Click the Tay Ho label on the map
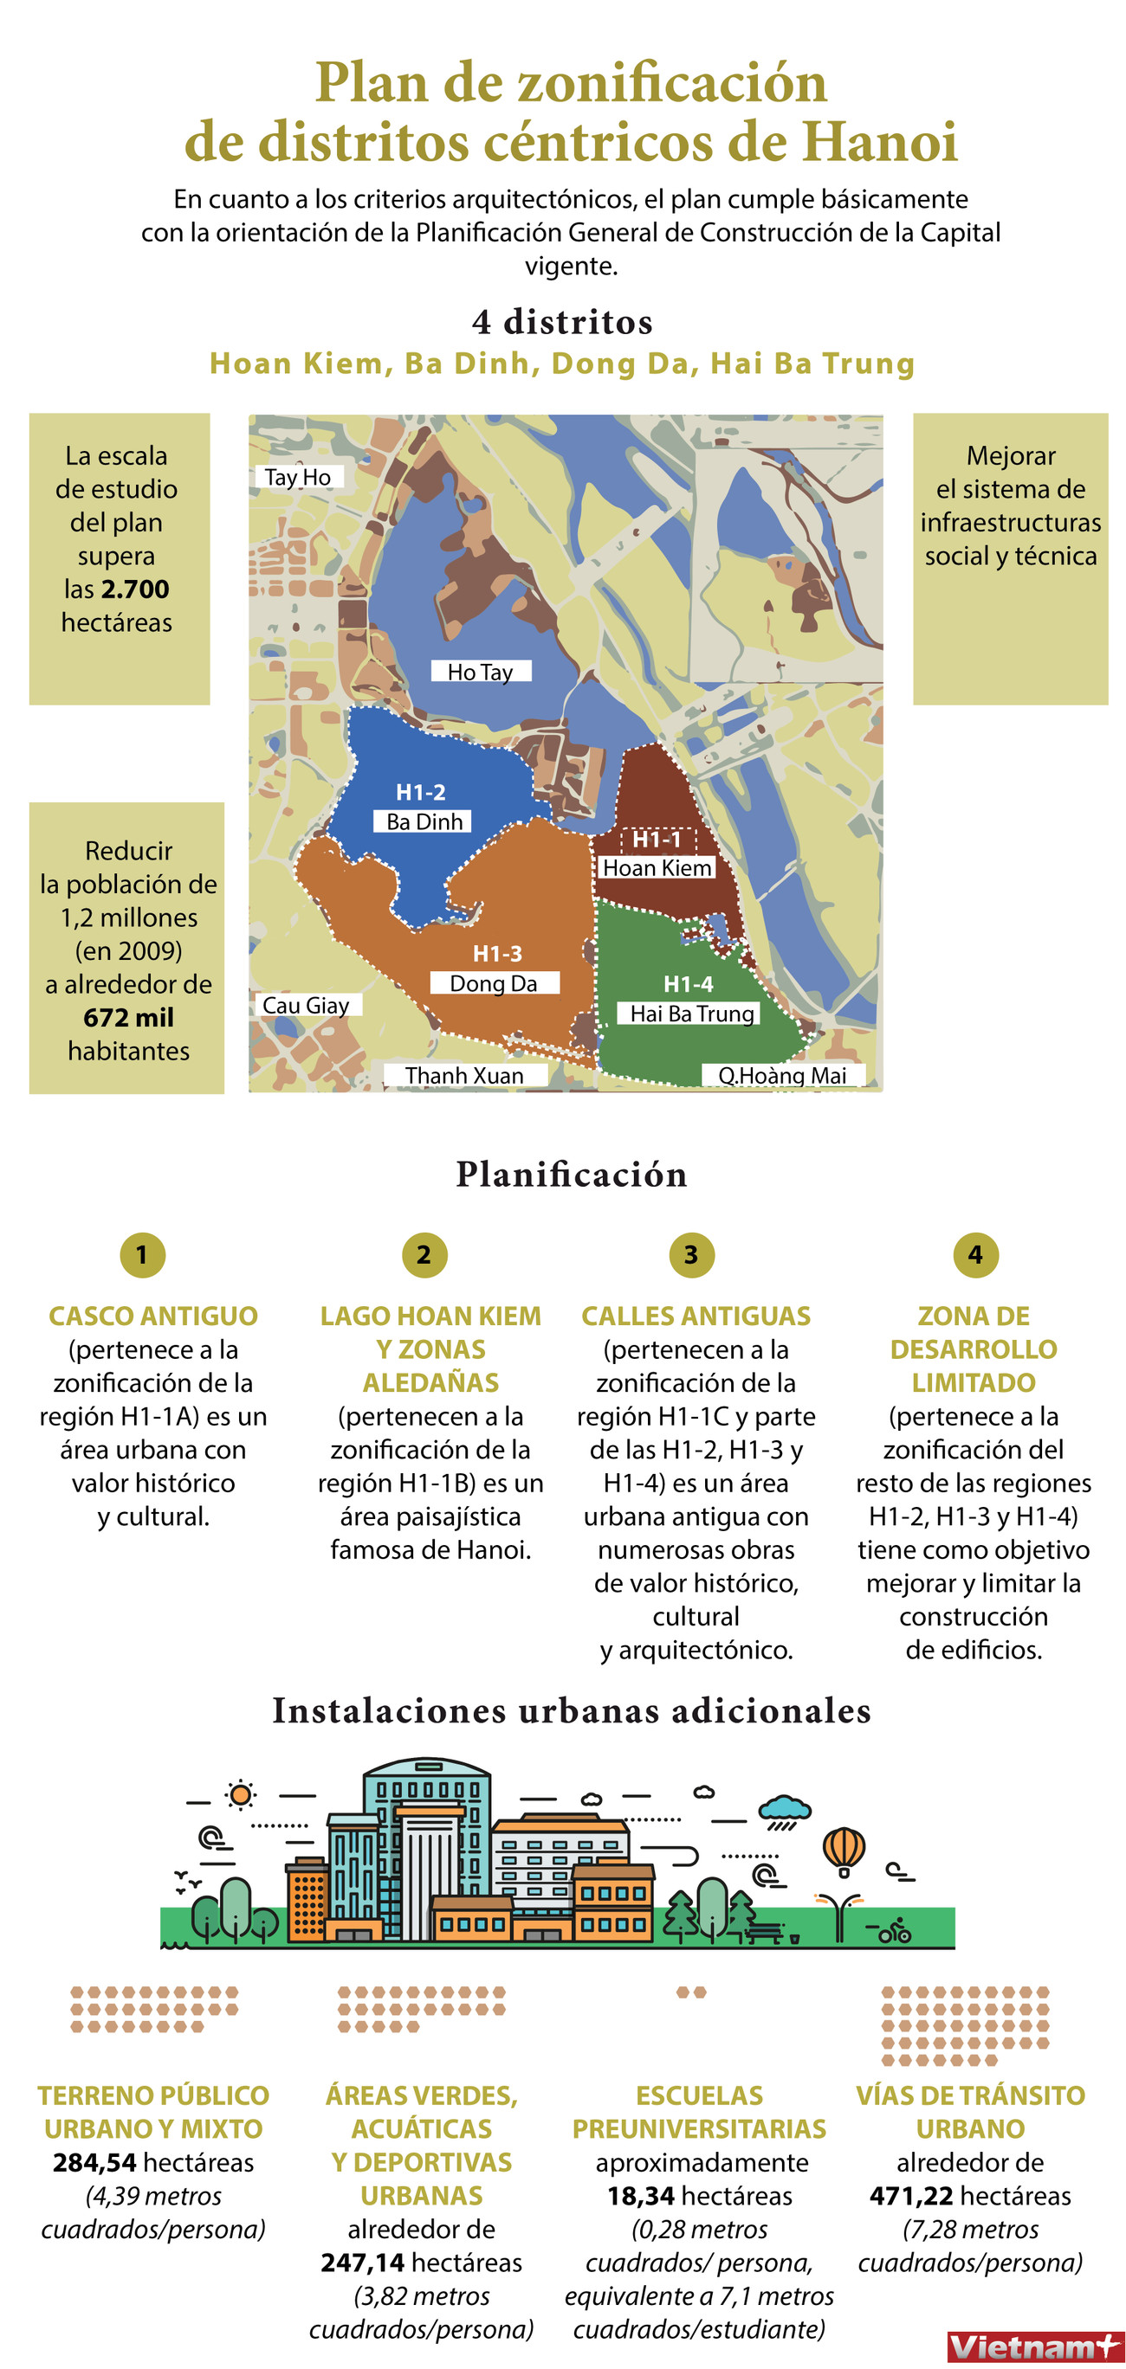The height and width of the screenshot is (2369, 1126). click(x=298, y=476)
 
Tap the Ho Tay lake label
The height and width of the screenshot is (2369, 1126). click(x=480, y=672)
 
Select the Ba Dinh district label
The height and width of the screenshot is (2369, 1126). click(x=424, y=821)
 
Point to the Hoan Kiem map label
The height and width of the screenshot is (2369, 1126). click(x=656, y=867)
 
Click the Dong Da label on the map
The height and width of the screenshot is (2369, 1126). click(x=493, y=983)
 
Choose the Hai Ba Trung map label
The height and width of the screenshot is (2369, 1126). click(x=692, y=1014)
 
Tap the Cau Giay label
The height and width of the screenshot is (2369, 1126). click(x=307, y=1005)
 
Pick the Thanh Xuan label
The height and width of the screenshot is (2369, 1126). click(x=463, y=1075)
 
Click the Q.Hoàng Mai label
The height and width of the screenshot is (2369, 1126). click(x=782, y=1075)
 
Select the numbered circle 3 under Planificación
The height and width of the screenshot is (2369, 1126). click(x=691, y=1254)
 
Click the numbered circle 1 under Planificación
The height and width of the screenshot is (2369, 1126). click(x=142, y=1254)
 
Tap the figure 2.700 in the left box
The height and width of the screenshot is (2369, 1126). click(x=135, y=589)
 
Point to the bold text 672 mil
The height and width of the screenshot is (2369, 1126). click(x=128, y=1017)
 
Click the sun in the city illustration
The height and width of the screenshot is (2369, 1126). click(x=240, y=1794)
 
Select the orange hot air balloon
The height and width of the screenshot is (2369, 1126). click(x=844, y=1850)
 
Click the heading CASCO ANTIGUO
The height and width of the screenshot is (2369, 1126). click(x=152, y=1316)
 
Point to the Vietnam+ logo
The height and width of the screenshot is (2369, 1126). click(x=1033, y=2346)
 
